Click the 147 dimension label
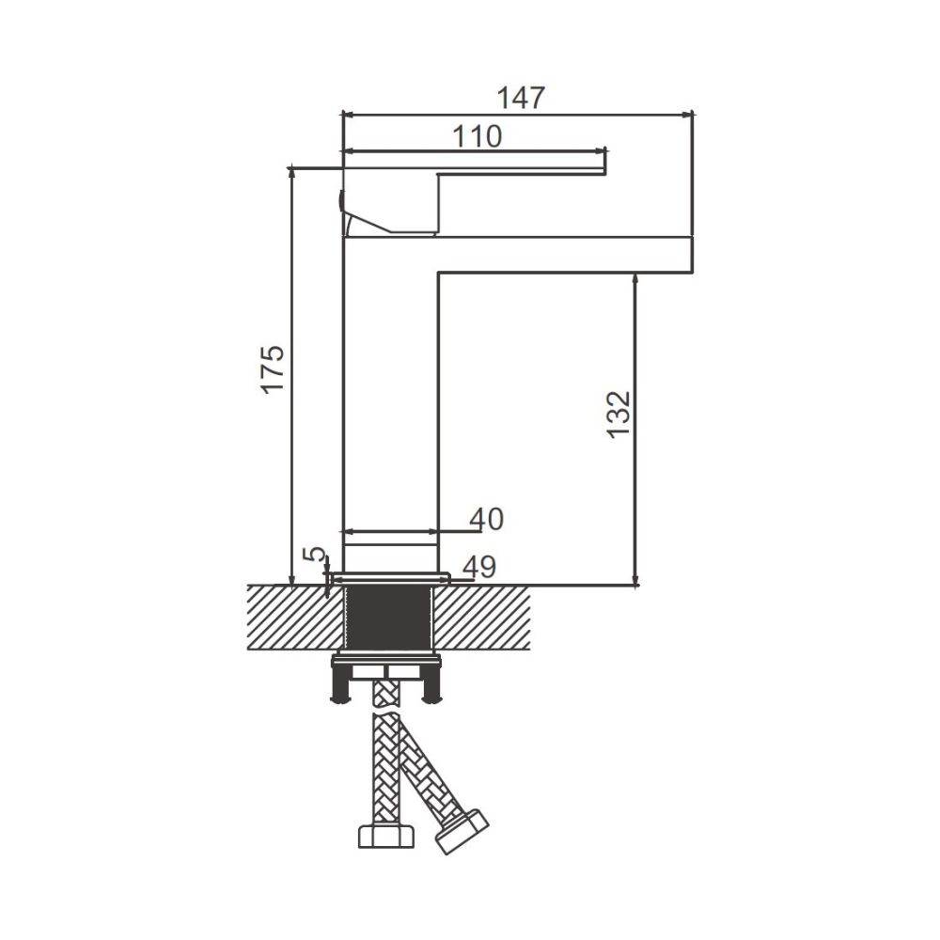click(521, 99)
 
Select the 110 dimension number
click(478, 136)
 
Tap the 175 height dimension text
click(273, 368)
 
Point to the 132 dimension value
click(619, 415)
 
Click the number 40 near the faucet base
click(487, 519)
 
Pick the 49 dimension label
click(479, 567)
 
